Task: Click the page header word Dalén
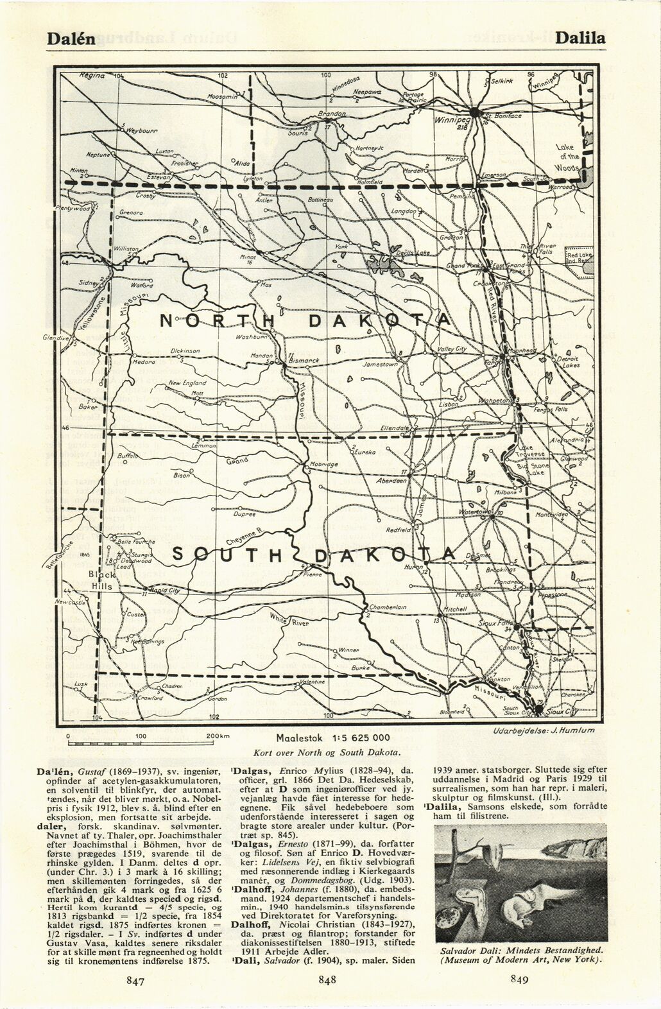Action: [x=71, y=38]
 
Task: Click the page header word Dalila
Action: [x=581, y=38]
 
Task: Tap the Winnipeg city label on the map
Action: [x=452, y=120]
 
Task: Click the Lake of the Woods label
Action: [x=568, y=157]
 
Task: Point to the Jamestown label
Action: [x=381, y=364]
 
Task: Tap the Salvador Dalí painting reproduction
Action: [x=520, y=882]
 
